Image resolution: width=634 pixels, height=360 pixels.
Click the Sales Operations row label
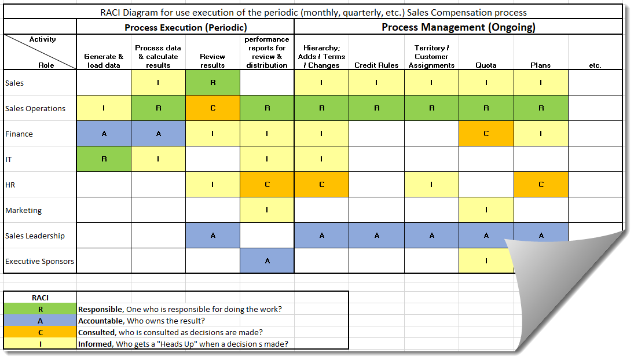point(35,109)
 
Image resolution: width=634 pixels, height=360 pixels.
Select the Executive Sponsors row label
point(40,262)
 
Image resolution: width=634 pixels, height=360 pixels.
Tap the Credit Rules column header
point(376,65)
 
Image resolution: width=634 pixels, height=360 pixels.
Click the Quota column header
point(486,65)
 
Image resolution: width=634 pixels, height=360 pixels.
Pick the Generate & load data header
point(104,61)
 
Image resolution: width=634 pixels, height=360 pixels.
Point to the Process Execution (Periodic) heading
point(185,27)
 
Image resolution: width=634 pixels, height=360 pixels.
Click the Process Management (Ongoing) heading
point(458,27)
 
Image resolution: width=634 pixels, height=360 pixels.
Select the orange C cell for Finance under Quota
point(486,134)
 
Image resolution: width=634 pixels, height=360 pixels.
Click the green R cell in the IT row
point(104,159)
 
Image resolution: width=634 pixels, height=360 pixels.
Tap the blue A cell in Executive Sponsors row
point(267,261)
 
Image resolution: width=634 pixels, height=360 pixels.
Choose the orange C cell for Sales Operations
point(212,108)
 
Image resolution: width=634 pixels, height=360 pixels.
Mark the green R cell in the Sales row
point(212,83)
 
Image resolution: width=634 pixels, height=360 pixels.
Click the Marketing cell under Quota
point(486,210)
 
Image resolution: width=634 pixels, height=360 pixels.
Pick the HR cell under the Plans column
point(540,185)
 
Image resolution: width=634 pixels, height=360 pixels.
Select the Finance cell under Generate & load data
point(104,134)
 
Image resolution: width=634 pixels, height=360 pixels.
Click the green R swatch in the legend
point(41,310)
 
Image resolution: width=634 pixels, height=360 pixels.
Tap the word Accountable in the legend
point(100,321)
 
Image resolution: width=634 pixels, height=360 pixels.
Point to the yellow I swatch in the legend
point(41,344)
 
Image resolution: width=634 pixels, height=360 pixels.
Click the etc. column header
point(595,65)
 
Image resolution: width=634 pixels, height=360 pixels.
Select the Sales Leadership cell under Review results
point(212,236)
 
